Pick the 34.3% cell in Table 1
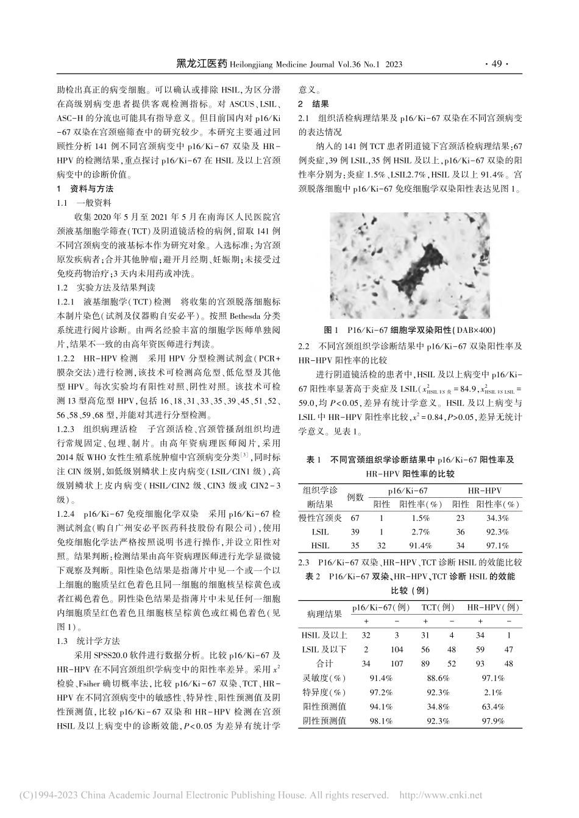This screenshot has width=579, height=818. (x=498, y=518)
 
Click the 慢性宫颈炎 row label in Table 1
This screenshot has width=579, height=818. (x=321, y=518)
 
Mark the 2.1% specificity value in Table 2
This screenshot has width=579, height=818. (x=494, y=693)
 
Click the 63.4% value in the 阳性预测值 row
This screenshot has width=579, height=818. (x=494, y=707)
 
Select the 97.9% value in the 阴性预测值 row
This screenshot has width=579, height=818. (x=494, y=721)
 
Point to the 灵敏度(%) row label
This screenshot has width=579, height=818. (x=324, y=678)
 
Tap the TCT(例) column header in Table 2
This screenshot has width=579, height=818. (x=438, y=607)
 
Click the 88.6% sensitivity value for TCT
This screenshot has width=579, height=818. (x=438, y=678)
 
